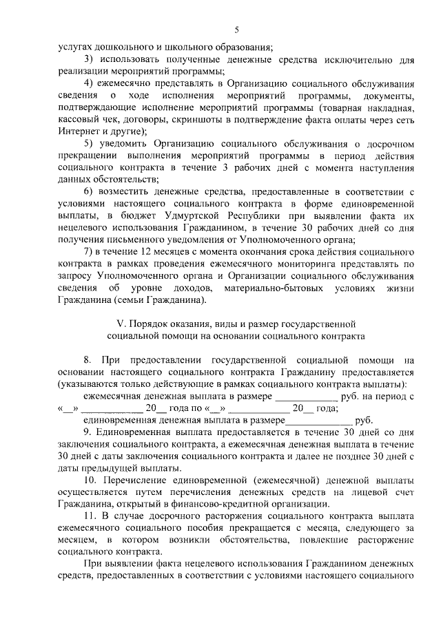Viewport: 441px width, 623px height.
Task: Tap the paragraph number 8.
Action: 88,359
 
